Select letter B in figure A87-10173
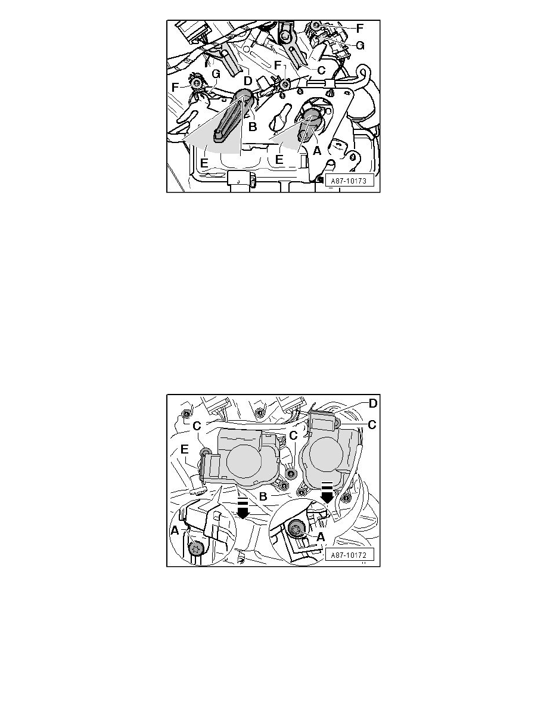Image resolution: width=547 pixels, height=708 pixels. tap(252, 126)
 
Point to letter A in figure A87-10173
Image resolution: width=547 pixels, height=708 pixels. tap(317, 151)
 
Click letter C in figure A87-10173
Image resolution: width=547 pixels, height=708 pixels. tap(321, 70)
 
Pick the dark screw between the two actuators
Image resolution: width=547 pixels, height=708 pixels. tap(291, 474)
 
